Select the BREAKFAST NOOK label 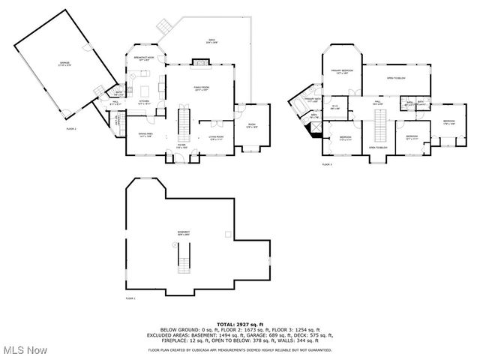click(x=144, y=58)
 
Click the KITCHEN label click(x=144, y=102)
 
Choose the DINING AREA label click(x=145, y=135)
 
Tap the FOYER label click(x=181, y=146)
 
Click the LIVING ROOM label click(x=216, y=138)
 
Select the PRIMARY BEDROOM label click(x=343, y=71)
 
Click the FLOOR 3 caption click(x=327, y=163)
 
